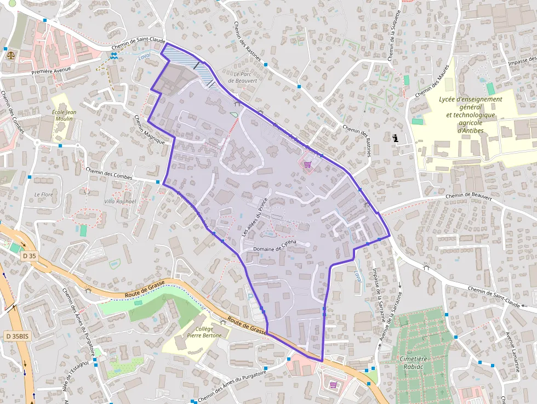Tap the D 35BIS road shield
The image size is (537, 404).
[16, 335]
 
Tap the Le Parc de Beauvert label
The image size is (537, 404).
[242, 77]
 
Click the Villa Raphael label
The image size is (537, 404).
[119, 201]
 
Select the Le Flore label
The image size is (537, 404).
[43, 194]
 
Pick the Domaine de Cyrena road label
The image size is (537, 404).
[274, 246]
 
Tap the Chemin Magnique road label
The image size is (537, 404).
[150, 129]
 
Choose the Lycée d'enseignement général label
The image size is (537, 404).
[470, 99]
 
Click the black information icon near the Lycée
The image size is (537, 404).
[395, 139]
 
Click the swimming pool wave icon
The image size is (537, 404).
[113, 56]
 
